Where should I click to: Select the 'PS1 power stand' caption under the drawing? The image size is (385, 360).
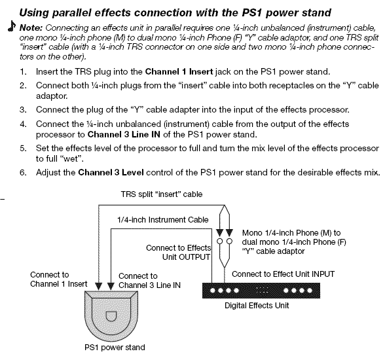[x=115, y=347]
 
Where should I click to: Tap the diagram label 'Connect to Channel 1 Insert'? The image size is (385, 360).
[x=58, y=279]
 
